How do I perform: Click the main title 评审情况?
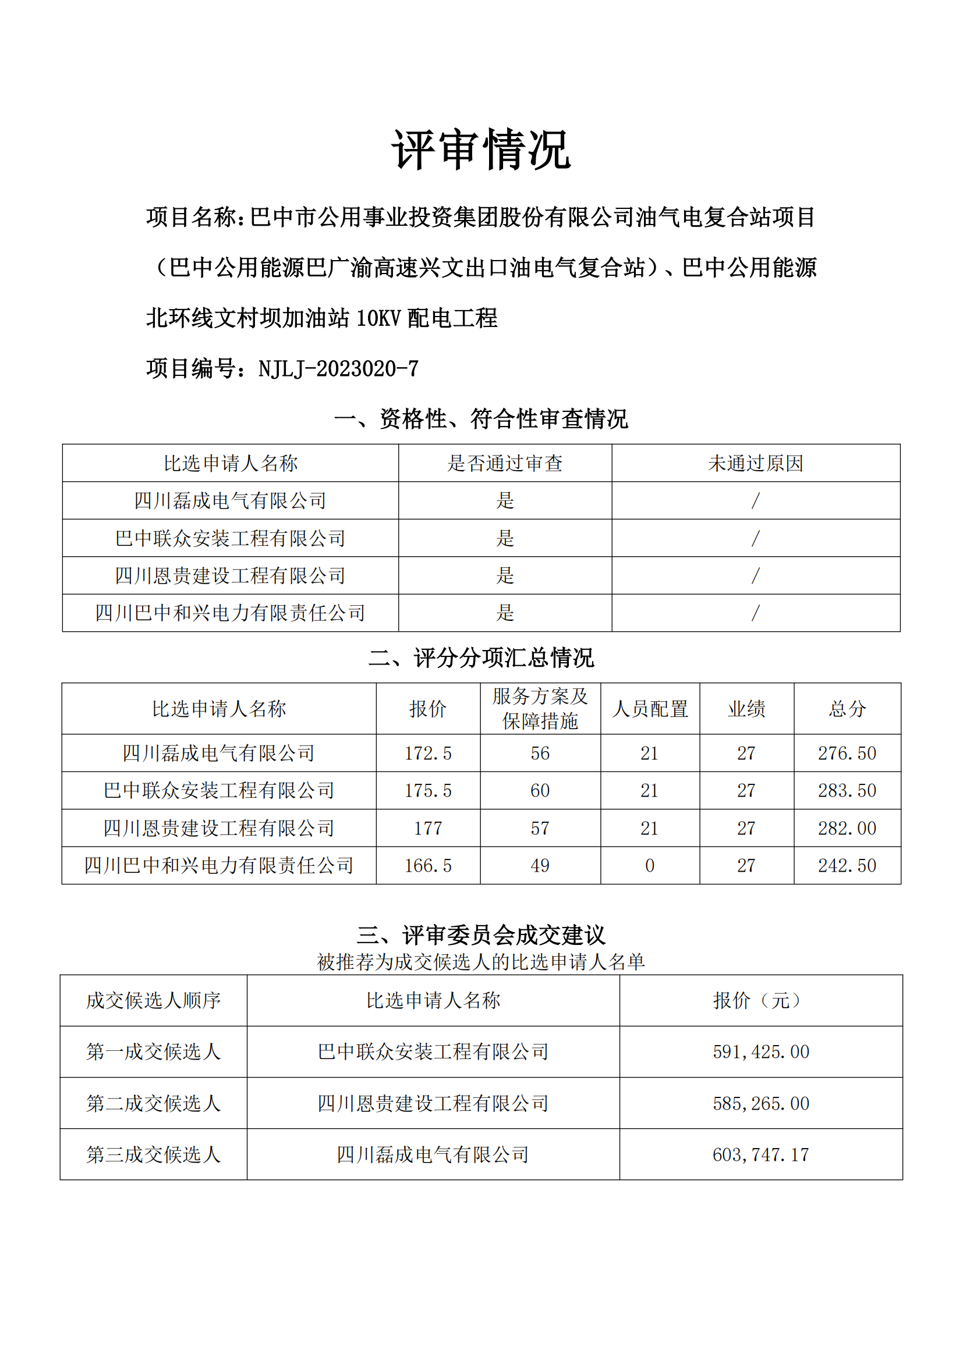(481, 150)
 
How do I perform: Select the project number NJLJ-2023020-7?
(338, 369)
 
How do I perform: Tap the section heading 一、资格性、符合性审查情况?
(481, 419)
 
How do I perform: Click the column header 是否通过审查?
(505, 463)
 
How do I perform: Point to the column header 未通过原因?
(756, 463)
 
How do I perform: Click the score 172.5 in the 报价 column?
(427, 754)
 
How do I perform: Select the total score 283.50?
(847, 791)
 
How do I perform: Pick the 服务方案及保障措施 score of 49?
(540, 866)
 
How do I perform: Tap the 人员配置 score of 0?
(649, 866)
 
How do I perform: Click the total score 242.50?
(847, 866)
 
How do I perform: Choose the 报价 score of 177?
(427, 829)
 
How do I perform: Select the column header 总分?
(847, 709)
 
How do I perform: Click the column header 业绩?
(746, 709)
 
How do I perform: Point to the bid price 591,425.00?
(761, 1052)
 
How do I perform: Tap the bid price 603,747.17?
(761, 1154)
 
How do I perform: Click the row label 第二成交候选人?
(154, 1104)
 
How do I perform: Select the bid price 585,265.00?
(761, 1104)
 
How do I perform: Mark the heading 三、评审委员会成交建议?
(481, 936)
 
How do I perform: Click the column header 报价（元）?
(761, 1001)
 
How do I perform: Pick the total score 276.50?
(847, 754)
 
